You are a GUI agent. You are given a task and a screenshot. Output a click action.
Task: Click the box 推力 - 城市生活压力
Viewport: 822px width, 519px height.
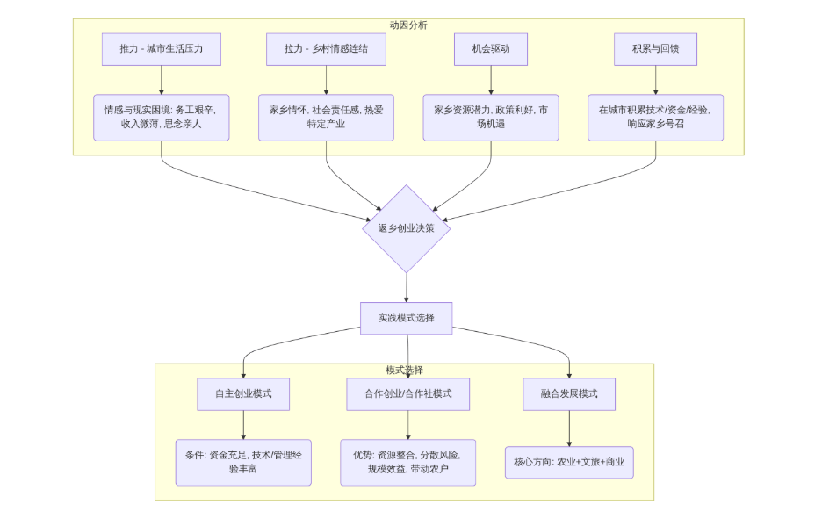(162, 49)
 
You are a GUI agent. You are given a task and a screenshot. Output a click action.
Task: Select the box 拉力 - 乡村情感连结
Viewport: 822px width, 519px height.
(326, 49)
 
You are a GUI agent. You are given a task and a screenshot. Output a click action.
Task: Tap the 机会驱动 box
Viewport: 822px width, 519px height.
(491, 49)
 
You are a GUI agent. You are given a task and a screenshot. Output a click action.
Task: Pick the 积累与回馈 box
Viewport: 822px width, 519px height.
(655, 49)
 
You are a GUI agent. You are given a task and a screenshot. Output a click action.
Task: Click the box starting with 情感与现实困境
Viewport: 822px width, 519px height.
(162, 118)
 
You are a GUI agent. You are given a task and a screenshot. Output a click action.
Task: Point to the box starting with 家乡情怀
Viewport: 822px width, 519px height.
(326, 118)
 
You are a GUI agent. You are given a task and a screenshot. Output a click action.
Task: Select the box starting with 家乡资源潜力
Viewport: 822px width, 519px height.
(491, 118)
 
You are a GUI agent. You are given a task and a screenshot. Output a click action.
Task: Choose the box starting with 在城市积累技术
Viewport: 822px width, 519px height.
(655, 118)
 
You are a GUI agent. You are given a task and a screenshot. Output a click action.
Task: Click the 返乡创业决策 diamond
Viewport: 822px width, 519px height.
(407, 228)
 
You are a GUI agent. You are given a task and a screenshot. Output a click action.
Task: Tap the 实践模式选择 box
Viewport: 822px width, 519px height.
(407, 318)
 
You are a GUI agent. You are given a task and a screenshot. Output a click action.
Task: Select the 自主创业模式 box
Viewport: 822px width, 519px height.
(243, 394)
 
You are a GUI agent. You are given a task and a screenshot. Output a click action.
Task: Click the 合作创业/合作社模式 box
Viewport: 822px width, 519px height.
(407, 394)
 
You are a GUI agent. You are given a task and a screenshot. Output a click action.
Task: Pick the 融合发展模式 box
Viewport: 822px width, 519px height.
(569, 394)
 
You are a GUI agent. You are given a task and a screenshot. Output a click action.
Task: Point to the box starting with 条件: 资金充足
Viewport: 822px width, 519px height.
(243, 463)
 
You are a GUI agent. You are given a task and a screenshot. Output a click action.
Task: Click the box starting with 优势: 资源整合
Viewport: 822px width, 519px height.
(407, 463)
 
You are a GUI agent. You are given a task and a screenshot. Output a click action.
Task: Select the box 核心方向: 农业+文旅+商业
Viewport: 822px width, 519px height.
(569, 463)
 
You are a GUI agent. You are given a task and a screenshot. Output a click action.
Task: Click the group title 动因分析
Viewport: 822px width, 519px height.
(408, 25)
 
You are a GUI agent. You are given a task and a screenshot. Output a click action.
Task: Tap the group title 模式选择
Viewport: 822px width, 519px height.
(404, 370)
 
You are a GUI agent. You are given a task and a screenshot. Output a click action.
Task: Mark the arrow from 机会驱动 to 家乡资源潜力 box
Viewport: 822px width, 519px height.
(491, 80)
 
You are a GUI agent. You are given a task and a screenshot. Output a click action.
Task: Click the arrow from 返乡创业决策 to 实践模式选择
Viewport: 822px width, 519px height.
(407, 287)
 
